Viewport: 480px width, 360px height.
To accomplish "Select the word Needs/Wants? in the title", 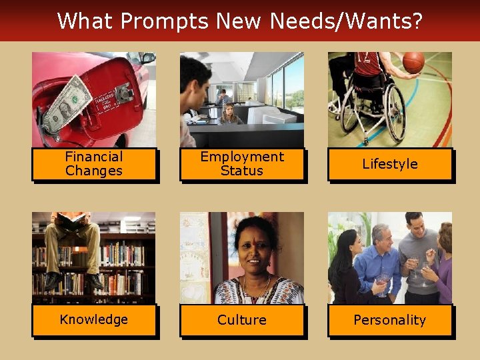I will click(x=346, y=21).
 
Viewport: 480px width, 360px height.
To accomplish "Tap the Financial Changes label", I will click(x=94, y=164).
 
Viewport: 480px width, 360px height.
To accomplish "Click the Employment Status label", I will click(x=242, y=164).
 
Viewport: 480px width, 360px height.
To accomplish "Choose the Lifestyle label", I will click(x=390, y=164).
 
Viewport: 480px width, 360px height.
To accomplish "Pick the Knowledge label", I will click(x=94, y=319).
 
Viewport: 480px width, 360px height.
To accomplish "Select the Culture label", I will click(x=242, y=320).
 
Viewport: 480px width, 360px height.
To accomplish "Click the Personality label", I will click(x=390, y=320).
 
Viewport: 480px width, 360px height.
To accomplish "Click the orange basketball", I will click(x=413, y=62).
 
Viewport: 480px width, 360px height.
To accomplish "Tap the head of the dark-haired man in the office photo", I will click(x=195, y=75).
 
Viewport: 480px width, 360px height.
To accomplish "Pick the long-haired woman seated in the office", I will click(x=229, y=114).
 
